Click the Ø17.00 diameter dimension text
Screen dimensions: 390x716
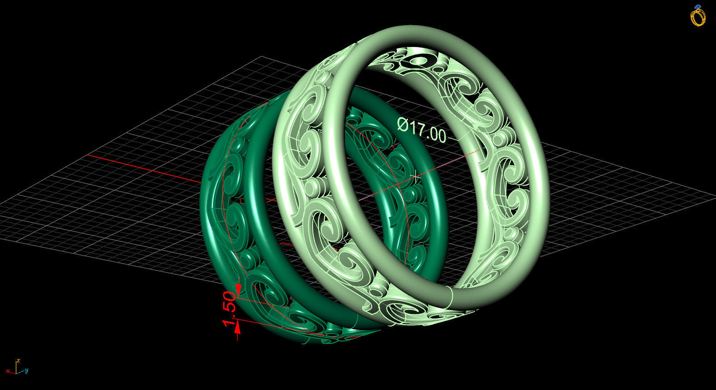[x=422, y=130]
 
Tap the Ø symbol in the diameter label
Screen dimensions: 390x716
[x=403, y=125]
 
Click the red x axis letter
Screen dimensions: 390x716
[x=8, y=371]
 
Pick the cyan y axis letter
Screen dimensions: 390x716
[x=27, y=370]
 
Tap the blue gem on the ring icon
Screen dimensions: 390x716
[x=698, y=7]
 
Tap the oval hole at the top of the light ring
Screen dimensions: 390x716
[x=420, y=59]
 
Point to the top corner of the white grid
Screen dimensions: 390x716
[x=261, y=57]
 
